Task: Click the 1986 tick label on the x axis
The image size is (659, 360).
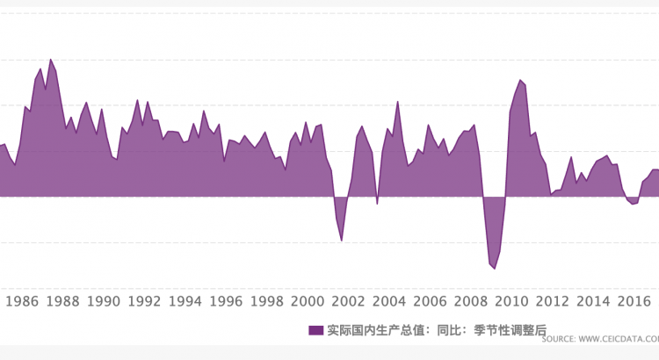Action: (x=22, y=302)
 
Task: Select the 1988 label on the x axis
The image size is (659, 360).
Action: (x=63, y=302)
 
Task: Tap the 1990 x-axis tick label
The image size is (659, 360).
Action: (x=104, y=302)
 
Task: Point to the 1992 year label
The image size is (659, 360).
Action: (x=144, y=302)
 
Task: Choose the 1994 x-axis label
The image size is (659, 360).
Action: (x=185, y=302)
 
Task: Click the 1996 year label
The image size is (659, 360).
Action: (x=226, y=302)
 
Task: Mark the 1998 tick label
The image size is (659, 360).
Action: (x=266, y=302)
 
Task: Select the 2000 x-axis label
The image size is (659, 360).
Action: (x=308, y=302)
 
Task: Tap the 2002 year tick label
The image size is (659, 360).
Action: (x=348, y=302)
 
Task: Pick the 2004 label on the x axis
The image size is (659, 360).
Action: (x=389, y=302)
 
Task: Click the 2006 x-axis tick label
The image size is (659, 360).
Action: (x=430, y=302)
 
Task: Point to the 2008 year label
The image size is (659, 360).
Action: (x=470, y=302)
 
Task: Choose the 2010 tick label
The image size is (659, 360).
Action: (x=511, y=302)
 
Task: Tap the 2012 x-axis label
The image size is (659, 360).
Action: (x=552, y=302)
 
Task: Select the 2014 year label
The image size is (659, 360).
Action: (x=593, y=302)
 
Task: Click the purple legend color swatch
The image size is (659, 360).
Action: (x=316, y=330)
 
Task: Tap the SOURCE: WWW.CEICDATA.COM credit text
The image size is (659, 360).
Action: (x=607, y=338)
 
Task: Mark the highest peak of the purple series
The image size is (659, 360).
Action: (x=50, y=60)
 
